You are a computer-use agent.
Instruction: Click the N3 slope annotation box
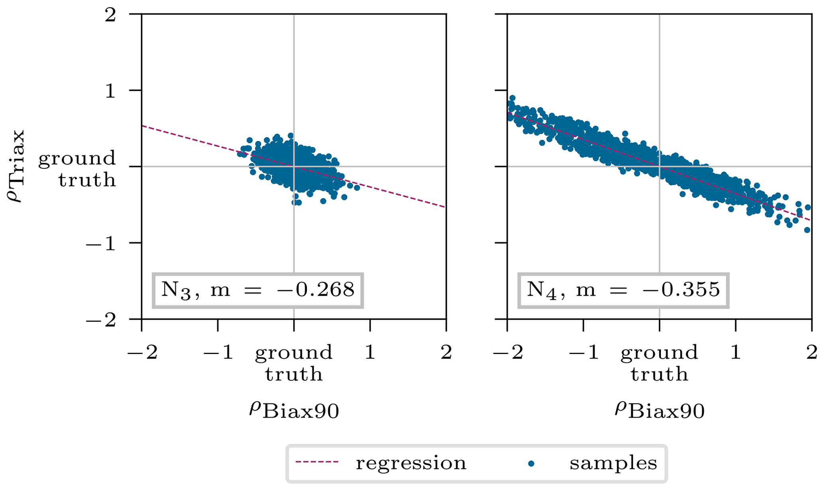click(258, 290)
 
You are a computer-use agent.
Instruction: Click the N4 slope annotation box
click(623, 290)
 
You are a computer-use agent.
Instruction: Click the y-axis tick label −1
click(101, 243)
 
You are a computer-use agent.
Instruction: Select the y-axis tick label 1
click(110, 91)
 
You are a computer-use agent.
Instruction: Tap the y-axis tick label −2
click(101, 320)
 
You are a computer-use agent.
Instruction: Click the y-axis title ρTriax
click(17, 166)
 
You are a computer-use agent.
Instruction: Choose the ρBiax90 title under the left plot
click(294, 410)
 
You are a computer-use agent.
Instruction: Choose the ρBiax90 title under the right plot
click(660, 410)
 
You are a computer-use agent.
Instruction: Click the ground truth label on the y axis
click(77, 169)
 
